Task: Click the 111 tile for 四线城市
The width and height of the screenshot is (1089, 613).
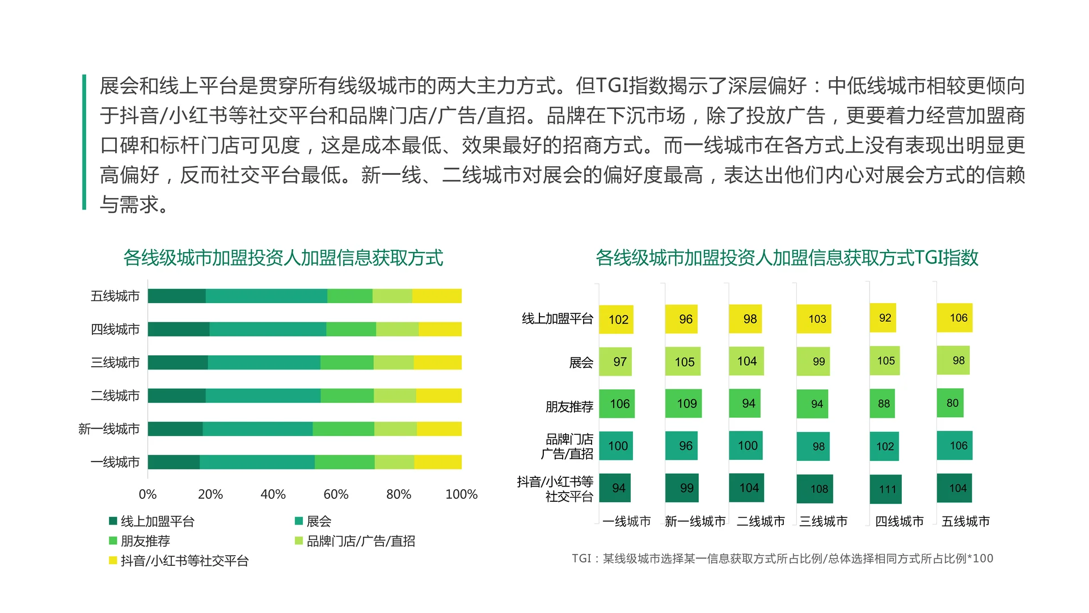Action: (x=885, y=489)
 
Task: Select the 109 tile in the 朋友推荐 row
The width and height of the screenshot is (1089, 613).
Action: (x=683, y=404)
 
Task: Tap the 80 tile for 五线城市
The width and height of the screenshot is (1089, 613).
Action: (x=950, y=403)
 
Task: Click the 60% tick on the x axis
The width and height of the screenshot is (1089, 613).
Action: (x=336, y=494)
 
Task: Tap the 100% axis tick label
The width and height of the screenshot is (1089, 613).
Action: (x=461, y=494)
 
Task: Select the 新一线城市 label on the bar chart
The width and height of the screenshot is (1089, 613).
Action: (x=109, y=429)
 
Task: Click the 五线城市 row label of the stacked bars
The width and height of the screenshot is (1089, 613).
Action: (x=115, y=296)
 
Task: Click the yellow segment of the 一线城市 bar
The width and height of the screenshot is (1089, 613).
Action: (x=437, y=462)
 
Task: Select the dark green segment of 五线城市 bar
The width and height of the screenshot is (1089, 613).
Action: (x=176, y=296)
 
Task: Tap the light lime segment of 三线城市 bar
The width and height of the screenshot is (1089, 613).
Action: (x=394, y=362)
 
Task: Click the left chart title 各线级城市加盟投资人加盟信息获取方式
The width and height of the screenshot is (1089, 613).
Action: (x=283, y=258)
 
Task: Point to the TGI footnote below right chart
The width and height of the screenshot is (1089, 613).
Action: (x=782, y=559)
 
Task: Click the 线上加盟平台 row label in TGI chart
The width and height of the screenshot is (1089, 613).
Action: (x=557, y=319)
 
